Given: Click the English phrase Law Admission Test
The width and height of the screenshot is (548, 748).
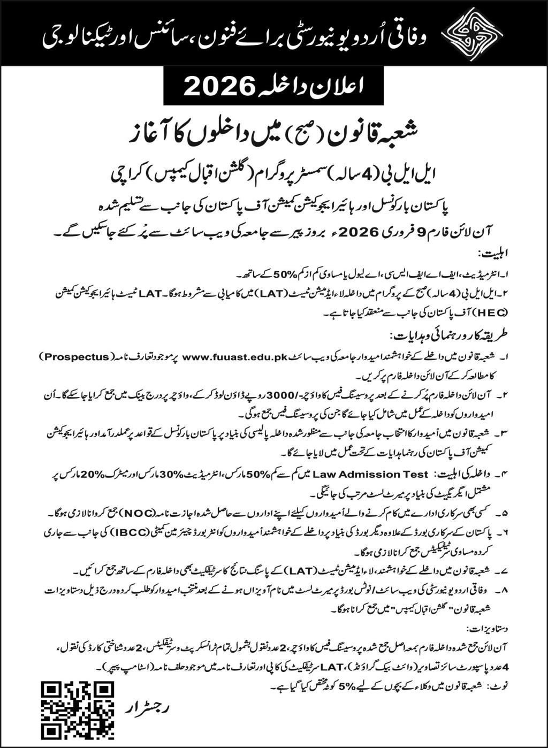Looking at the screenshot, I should point(371,474).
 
